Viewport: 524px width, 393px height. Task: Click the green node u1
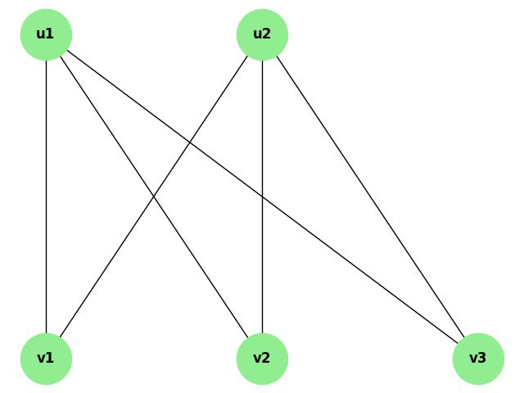click(46, 34)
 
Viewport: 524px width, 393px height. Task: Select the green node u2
click(262, 34)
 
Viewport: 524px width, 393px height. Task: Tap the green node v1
click(46, 359)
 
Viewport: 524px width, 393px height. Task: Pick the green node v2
click(262, 359)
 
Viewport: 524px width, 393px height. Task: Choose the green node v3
click(478, 359)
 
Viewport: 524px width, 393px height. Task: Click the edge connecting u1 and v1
click(46, 196)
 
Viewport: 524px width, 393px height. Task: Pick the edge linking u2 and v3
click(370, 196)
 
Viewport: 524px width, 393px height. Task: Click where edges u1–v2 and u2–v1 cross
click(154, 196)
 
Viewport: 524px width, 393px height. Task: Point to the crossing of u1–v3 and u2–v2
click(262, 196)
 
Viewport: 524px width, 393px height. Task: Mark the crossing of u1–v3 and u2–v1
click(191, 142)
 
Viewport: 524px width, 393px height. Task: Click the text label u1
click(45, 34)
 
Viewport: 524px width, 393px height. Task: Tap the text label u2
click(261, 34)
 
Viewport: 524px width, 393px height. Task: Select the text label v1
click(45, 358)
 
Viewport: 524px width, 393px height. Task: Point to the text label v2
click(261, 358)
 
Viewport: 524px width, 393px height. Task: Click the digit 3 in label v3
click(482, 358)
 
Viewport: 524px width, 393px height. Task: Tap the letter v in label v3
click(473, 359)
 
